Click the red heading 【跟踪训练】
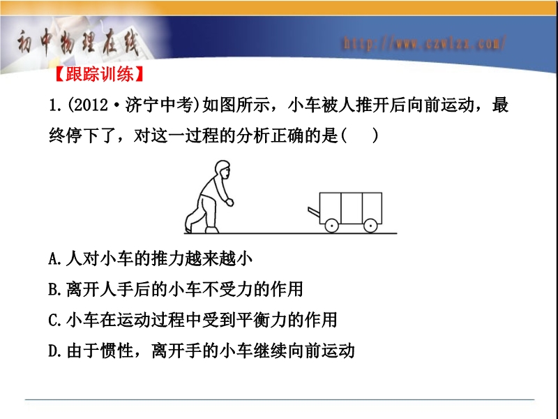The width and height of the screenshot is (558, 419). pos(99,74)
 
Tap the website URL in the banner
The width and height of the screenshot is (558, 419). pos(424,43)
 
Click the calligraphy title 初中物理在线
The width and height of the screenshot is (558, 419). pos(77,43)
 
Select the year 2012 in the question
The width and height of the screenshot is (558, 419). pos(91,105)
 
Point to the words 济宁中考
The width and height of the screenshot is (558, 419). pos(160,105)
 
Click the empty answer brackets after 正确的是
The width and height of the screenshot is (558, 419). pos(359,135)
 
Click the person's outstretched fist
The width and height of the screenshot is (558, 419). pos(229,203)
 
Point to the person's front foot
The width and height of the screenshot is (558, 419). pos(212,230)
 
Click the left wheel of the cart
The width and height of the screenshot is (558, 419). pos(332,226)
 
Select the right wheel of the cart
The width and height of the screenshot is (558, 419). pos(370,226)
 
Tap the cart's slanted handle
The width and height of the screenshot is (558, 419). pos(314,212)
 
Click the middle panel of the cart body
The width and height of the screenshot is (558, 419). pos(352,208)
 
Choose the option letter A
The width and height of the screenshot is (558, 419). pos(54,259)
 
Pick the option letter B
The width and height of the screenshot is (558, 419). pos(54,290)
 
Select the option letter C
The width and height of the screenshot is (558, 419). pos(54,321)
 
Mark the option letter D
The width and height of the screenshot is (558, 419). pos(54,351)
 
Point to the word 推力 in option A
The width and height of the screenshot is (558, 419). pos(168,258)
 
